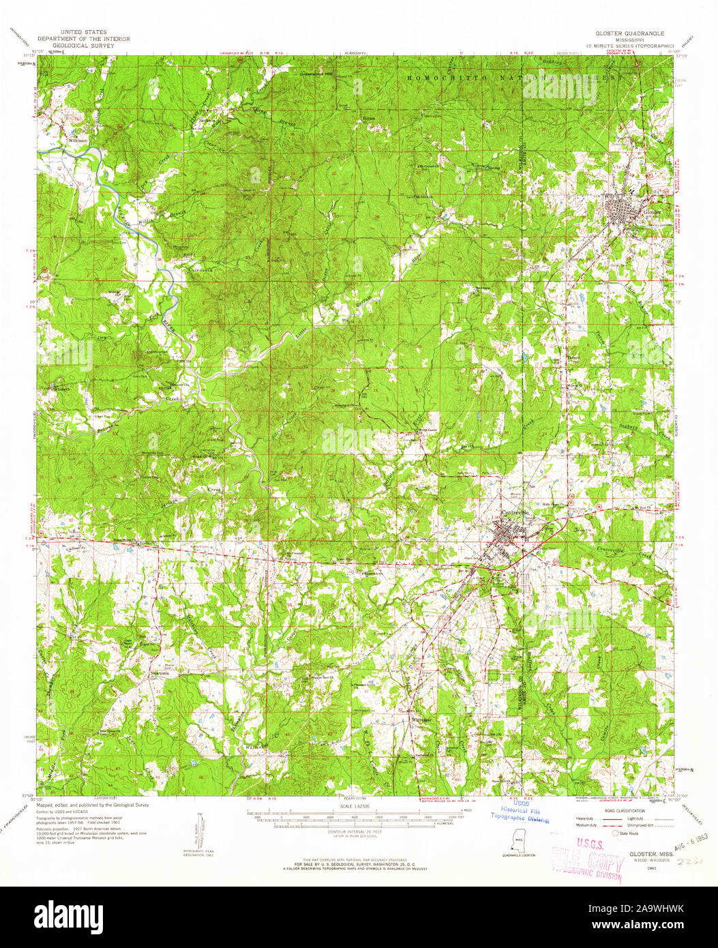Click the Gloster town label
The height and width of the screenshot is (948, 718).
click(x=653, y=212)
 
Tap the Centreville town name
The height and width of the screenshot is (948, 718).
click(x=515, y=514)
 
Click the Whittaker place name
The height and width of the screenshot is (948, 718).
click(x=423, y=719)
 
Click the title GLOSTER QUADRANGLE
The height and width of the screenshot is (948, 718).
click(x=629, y=32)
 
